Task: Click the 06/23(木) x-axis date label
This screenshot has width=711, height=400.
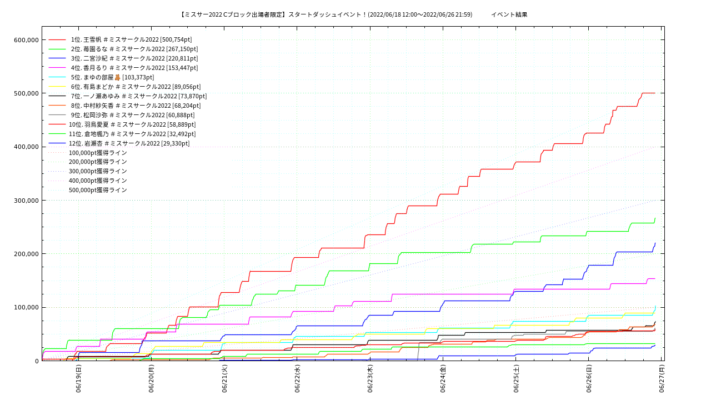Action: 370,379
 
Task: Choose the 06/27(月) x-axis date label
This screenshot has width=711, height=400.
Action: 662,379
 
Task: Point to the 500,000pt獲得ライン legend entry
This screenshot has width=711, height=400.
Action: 98,190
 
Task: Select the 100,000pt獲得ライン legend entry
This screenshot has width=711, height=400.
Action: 98,153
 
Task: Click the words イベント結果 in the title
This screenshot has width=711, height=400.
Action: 509,14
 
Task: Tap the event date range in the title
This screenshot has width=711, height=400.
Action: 420,14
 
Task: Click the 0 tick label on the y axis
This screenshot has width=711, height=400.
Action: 37,361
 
